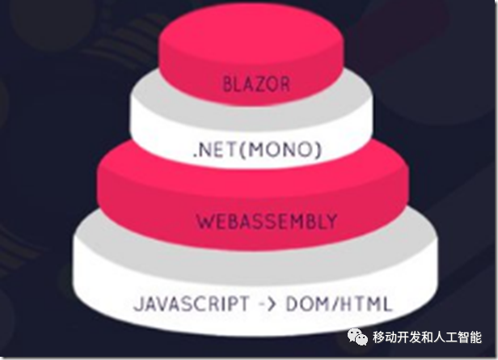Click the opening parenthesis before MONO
coord(238,151)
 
